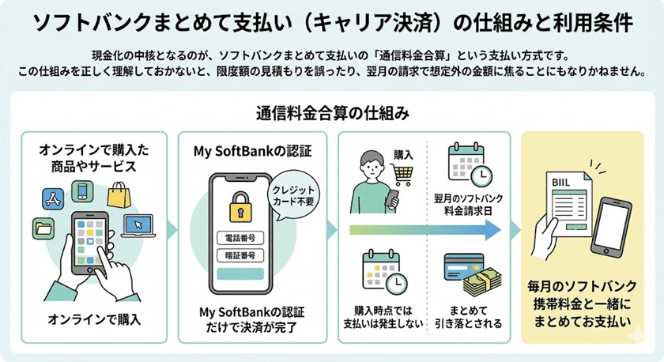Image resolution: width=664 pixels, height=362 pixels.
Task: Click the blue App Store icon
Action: (x=48, y=198)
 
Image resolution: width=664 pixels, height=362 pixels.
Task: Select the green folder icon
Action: (x=43, y=229)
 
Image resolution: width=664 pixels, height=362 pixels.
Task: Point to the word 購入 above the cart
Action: (x=404, y=155)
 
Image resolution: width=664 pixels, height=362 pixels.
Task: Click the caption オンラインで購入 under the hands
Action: (x=94, y=319)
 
